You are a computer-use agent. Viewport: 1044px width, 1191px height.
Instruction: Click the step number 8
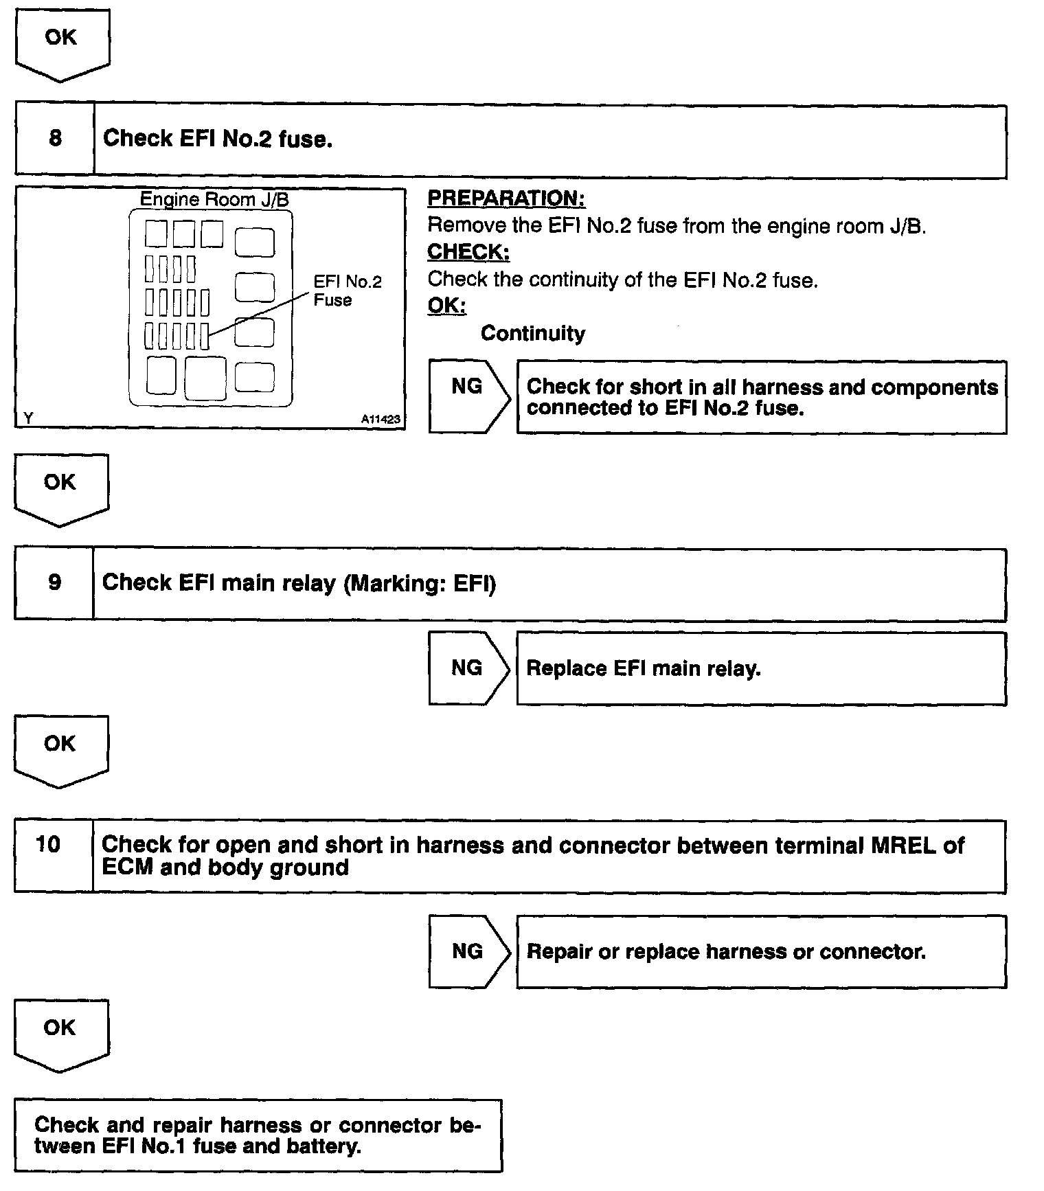55,139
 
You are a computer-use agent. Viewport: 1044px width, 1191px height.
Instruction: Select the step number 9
54,583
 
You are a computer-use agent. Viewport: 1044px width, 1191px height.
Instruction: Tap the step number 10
48,844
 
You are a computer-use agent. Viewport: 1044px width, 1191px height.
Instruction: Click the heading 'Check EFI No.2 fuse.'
217,139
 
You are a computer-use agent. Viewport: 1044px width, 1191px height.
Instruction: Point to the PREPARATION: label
506,198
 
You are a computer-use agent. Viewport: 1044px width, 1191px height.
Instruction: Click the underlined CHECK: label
468,252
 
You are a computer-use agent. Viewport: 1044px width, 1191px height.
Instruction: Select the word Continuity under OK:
533,334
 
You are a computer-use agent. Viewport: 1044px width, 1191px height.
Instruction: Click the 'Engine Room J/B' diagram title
214,199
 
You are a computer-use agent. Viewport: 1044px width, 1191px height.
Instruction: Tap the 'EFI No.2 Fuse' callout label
347,291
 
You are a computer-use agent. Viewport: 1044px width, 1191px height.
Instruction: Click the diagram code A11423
381,419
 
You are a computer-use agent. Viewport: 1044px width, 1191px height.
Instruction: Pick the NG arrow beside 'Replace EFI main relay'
468,668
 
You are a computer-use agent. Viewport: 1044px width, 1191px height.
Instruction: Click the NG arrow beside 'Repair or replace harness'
468,951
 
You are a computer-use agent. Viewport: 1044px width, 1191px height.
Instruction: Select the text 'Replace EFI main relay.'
644,669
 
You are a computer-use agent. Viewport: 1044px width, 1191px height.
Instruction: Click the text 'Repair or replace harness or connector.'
726,952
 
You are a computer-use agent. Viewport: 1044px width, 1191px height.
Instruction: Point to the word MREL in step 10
903,846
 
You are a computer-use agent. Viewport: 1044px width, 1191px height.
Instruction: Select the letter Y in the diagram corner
27,418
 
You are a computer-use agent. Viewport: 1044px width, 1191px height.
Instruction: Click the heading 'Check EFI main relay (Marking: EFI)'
299,583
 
